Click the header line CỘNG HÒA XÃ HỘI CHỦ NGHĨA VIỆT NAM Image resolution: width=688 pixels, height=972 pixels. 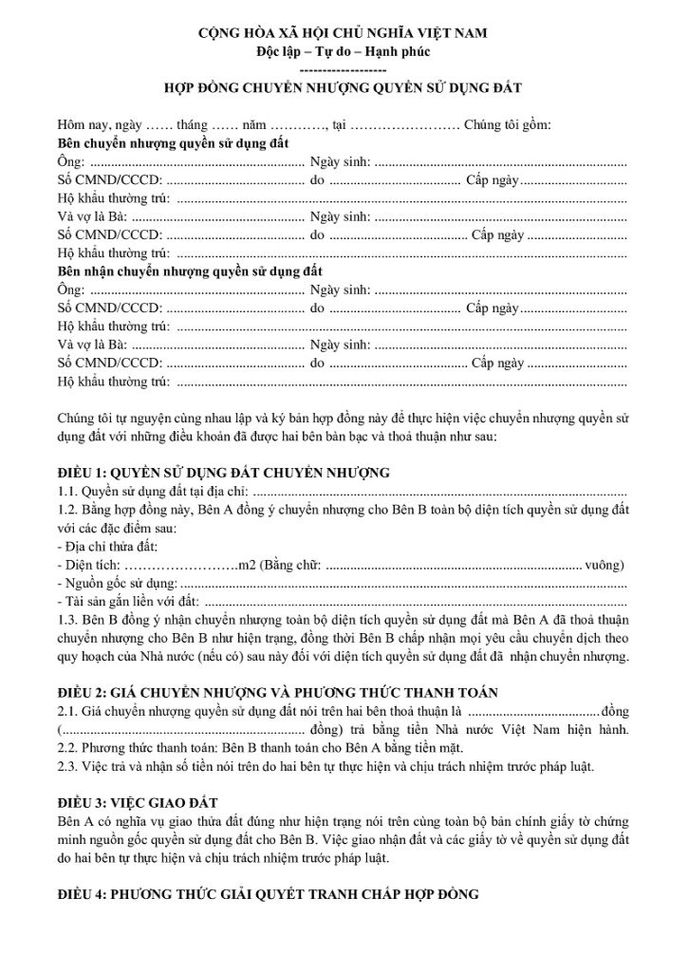(x=343, y=33)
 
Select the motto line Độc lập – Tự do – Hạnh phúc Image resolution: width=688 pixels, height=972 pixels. (x=343, y=50)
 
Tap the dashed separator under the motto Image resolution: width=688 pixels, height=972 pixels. (x=343, y=69)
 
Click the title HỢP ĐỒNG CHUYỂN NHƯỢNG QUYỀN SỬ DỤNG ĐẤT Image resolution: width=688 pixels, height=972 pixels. (x=343, y=87)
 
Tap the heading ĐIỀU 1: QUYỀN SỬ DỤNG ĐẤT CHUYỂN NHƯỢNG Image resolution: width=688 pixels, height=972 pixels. (x=223, y=472)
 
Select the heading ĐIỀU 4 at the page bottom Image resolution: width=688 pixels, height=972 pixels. (x=269, y=895)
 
